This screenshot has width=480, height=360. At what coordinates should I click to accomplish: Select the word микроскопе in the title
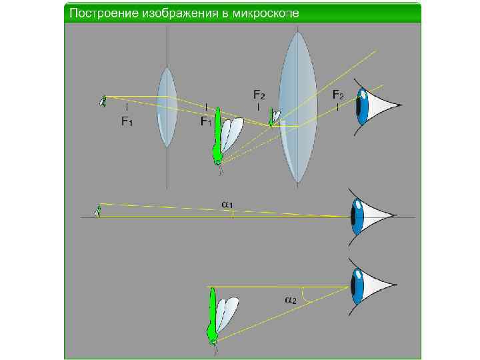coord(263,13)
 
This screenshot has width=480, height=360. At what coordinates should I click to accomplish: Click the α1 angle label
coord(227,203)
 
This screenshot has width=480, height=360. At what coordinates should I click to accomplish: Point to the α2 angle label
coord(291,300)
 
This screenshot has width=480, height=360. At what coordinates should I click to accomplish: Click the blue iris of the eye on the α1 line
coord(357,215)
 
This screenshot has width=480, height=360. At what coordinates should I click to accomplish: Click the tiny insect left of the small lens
coord(103,100)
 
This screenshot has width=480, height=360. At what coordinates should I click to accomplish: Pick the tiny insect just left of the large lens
coord(273,117)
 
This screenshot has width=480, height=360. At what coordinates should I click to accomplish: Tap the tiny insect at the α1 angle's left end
coord(98,211)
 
